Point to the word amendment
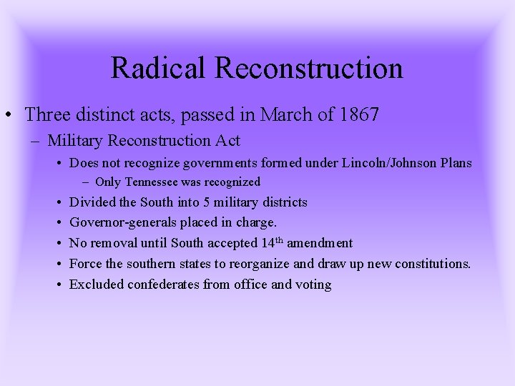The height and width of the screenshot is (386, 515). [320, 243]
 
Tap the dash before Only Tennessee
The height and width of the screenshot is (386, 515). [86, 182]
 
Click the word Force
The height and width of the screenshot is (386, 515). [85, 264]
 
